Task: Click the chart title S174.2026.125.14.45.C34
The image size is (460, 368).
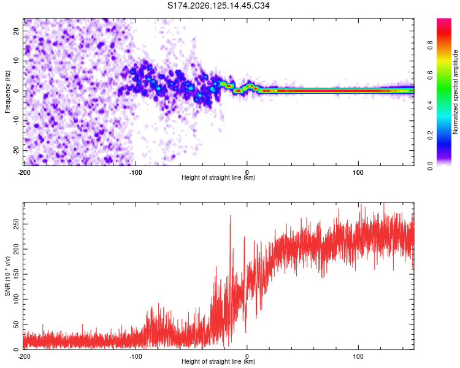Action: pos(218,6)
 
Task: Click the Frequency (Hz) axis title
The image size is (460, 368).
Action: pos(7,92)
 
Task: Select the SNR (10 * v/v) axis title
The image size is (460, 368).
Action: pos(7,276)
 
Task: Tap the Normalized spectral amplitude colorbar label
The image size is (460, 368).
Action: pos(455,92)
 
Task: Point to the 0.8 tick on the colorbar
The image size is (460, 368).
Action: pos(430,45)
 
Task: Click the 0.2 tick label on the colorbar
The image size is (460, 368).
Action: pos(430,136)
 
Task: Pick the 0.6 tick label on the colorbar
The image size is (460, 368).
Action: pos(430,75)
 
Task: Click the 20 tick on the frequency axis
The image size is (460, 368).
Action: pos(17,31)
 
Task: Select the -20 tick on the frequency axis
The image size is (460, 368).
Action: pos(17,151)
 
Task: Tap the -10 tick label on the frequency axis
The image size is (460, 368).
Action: pos(17,121)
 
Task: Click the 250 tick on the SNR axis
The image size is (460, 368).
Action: pos(17,224)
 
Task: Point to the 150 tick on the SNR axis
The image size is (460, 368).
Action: pos(17,274)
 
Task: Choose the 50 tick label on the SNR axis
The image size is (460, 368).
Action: pos(17,324)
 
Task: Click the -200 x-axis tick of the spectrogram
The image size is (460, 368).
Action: pos(24,172)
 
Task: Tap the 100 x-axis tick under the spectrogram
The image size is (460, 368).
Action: pos(358,172)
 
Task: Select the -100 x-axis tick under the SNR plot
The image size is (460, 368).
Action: pos(136,356)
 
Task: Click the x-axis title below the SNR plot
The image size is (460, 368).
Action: pos(218,361)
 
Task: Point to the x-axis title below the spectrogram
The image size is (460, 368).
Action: pos(218,177)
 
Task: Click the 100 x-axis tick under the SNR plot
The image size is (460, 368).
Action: pos(358,356)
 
